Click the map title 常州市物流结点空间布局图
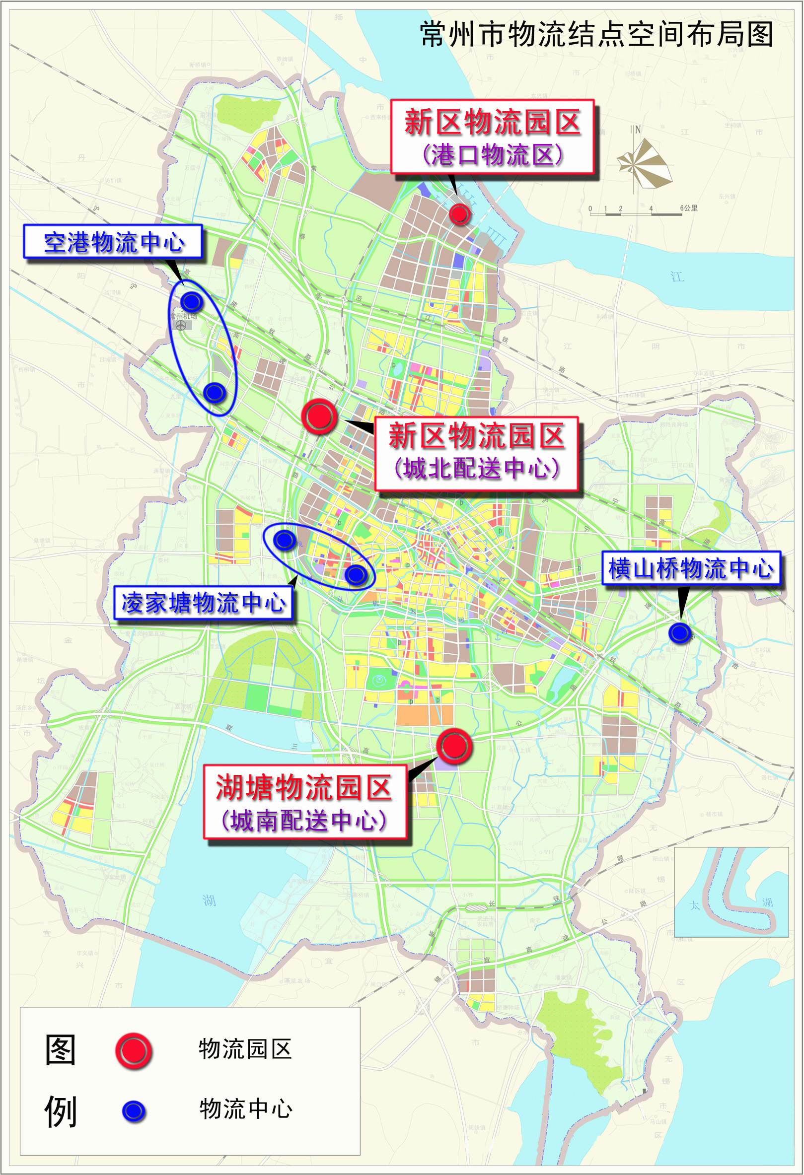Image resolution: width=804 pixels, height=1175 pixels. click(x=597, y=34)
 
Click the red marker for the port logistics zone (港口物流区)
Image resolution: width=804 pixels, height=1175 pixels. click(x=460, y=214)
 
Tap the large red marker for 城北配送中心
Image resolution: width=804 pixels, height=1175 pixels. click(x=319, y=415)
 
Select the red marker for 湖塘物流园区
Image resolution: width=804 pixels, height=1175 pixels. click(x=454, y=746)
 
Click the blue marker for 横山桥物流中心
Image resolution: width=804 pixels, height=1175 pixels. click(x=680, y=632)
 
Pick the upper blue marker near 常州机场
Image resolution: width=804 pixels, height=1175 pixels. click(x=192, y=301)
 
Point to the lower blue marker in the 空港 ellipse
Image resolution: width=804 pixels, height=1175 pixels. click(x=215, y=392)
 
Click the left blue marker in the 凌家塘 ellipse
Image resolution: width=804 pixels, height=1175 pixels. click(x=284, y=540)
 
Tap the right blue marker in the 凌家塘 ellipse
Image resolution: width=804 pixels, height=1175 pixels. click(x=356, y=574)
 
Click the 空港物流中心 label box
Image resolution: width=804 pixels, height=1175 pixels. click(x=113, y=242)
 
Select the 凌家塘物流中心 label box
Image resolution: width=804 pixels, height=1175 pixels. click(x=203, y=602)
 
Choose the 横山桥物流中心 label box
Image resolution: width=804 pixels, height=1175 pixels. click(x=691, y=568)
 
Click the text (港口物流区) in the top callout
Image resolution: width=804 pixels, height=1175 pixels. click(x=492, y=155)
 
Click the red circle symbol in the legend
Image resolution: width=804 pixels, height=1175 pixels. click(x=134, y=1050)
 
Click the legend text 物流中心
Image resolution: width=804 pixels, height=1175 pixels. click(x=246, y=1109)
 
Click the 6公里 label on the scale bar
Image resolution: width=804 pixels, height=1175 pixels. click(x=689, y=208)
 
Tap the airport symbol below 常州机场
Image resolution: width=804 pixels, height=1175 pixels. click(x=181, y=326)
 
